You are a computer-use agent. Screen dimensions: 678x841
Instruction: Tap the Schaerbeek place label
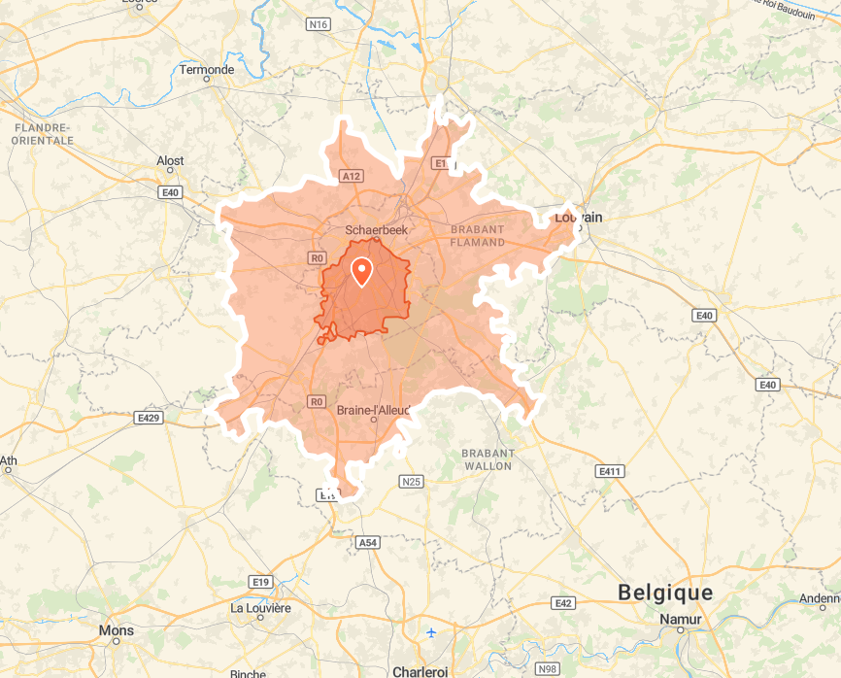click(377, 230)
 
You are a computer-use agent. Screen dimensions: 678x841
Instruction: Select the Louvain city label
click(578, 217)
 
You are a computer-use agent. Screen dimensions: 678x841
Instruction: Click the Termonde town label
click(207, 70)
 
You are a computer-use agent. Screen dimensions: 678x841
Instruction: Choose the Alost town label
click(170, 161)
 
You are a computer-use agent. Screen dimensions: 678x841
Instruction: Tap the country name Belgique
click(665, 593)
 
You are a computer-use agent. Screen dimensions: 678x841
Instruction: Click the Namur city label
click(680, 619)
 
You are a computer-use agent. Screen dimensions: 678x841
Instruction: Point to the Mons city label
click(117, 630)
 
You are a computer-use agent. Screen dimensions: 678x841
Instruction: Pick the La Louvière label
click(260, 608)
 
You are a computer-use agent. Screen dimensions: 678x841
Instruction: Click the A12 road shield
click(352, 176)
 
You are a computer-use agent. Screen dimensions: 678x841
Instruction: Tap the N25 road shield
click(412, 481)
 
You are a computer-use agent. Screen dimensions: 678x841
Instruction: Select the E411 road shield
click(610, 471)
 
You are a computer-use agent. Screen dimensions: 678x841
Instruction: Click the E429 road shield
click(148, 418)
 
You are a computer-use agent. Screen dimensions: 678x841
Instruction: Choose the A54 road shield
click(367, 543)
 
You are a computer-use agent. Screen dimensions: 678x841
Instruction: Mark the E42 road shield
click(563, 603)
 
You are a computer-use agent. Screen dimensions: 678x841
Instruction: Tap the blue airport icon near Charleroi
click(431, 633)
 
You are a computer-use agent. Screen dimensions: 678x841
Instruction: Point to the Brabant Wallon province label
click(487, 459)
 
